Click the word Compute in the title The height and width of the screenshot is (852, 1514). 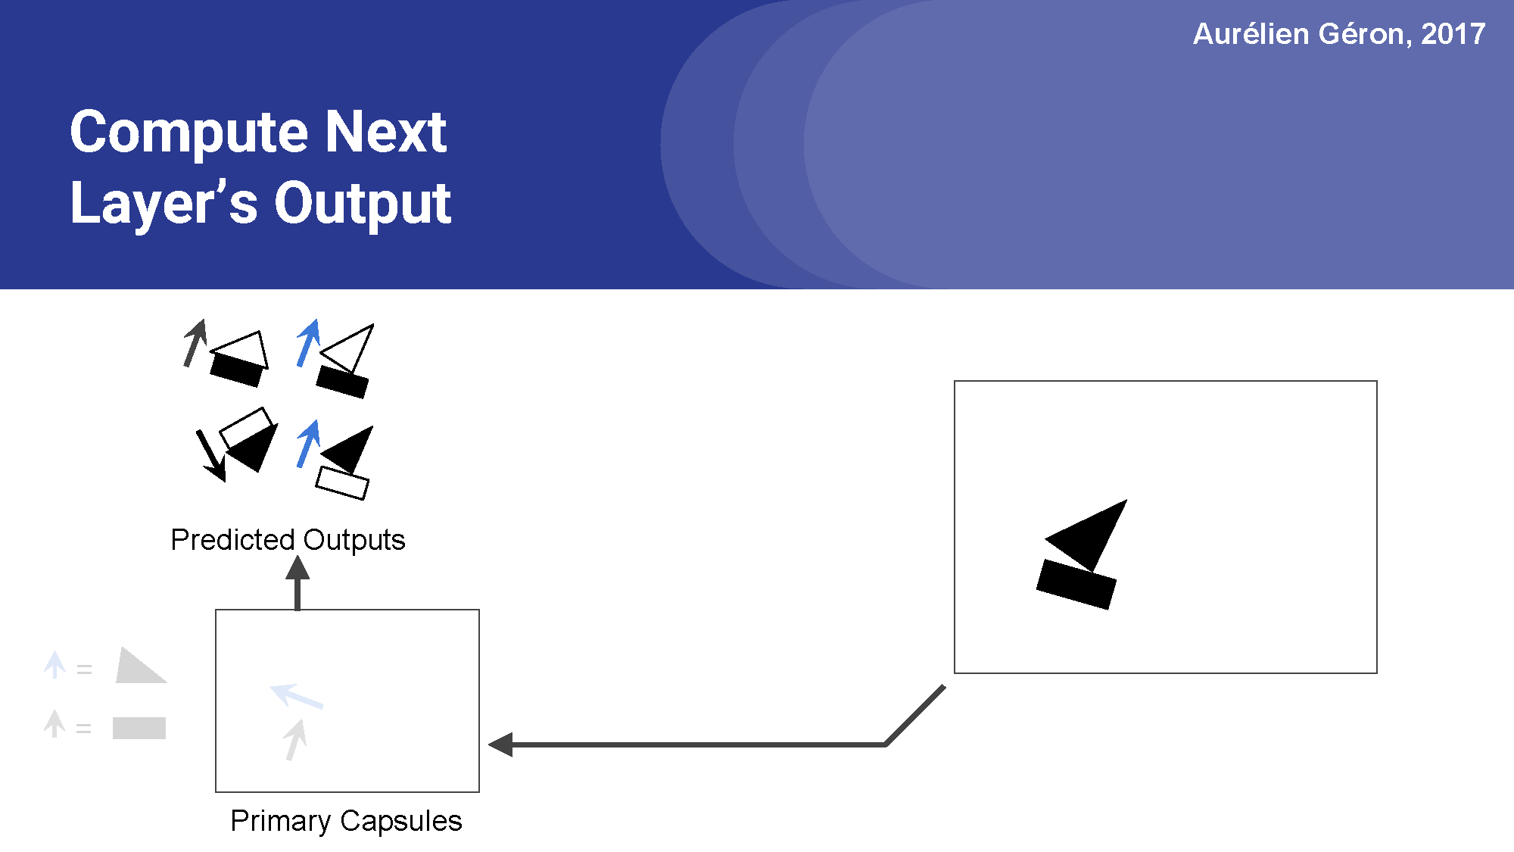pos(188,133)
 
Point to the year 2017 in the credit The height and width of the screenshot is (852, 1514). pos(1453,34)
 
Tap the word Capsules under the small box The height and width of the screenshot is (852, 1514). pos(400,821)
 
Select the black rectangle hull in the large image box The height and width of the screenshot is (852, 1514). pos(1076,584)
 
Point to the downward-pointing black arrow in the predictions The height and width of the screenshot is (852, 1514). pos(210,454)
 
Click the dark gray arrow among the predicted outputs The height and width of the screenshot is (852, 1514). pos(195,342)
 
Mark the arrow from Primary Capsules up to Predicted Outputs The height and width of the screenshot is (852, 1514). pos(298,583)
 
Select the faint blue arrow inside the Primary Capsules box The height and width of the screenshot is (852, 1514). pos(296,696)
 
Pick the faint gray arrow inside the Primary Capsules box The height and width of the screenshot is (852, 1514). pos(295,739)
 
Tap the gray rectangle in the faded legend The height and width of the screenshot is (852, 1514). pos(139,728)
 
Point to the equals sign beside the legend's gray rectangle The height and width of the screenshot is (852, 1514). pos(83,729)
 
